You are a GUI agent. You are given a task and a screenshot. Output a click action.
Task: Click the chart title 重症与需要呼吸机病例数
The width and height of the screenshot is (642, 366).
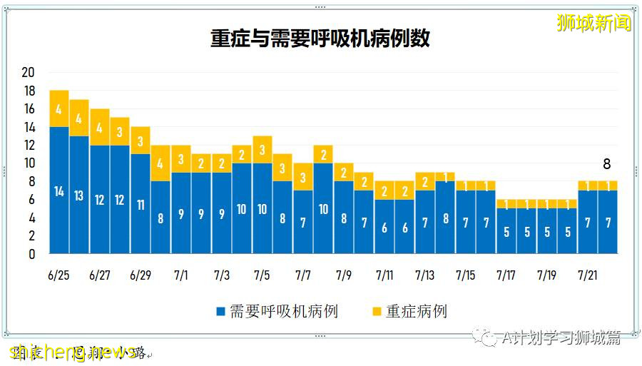coord(320,39)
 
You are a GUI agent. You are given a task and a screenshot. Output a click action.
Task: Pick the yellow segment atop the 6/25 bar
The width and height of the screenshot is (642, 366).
coord(59,108)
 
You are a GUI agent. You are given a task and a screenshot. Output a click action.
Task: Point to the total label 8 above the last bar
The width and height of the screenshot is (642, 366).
coord(607,164)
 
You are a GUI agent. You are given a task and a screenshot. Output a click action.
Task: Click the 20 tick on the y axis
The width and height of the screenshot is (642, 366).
coord(29,72)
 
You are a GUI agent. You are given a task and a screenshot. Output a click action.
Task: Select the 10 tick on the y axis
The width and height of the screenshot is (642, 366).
coord(29,163)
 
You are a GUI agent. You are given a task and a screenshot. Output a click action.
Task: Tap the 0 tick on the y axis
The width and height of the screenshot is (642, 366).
coord(31,254)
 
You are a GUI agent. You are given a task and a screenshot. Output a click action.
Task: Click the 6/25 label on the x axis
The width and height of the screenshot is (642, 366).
coord(59,275)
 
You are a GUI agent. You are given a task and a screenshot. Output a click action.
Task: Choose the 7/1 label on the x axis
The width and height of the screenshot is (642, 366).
coord(181,275)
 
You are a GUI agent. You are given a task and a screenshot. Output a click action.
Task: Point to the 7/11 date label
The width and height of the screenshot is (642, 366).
coord(384,275)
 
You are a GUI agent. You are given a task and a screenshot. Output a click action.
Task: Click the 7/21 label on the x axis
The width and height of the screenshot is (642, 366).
coord(587,275)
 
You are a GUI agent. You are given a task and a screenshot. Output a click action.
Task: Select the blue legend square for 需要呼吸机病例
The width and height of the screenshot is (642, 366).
coord(220,312)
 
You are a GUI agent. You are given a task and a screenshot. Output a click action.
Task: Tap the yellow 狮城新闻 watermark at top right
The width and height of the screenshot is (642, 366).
coord(593,23)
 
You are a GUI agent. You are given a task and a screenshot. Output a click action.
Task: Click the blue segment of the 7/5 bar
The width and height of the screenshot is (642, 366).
coord(263,208)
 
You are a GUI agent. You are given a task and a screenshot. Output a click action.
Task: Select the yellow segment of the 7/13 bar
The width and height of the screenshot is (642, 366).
coord(425,181)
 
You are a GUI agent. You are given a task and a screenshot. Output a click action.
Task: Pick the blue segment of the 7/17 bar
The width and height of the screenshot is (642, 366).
coord(506,230)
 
